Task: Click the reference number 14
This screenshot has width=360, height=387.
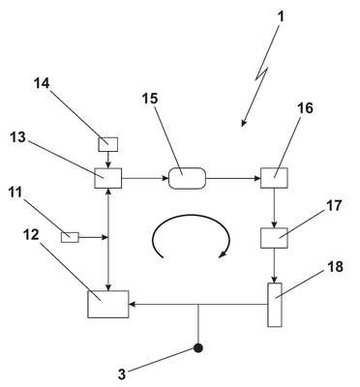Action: click(x=42, y=83)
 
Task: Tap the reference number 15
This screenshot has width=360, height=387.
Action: click(x=150, y=99)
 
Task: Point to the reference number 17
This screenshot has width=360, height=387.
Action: click(x=334, y=205)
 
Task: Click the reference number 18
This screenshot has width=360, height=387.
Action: click(x=336, y=267)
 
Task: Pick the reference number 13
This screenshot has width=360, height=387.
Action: click(x=17, y=137)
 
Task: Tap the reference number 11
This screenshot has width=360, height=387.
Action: click(x=15, y=193)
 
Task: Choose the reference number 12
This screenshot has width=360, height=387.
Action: click(x=31, y=235)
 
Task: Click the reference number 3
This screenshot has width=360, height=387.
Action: click(x=121, y=374)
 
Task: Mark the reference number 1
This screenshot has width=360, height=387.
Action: click(x=282, y=16)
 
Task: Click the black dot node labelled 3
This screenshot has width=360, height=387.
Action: click(x=198, y=348)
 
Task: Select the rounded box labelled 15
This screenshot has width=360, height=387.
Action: click(x=187, y=178)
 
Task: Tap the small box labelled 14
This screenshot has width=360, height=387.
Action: click(x=108, y=144)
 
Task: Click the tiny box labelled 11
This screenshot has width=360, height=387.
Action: click(x=70, y=237)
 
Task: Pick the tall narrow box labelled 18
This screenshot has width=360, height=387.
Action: click(x=275, y=305)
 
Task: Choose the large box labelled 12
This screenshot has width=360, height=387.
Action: click(x=108, y=304)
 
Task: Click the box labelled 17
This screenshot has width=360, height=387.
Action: click(x=274, y=238)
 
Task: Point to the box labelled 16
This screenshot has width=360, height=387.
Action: click(x=274, y=178)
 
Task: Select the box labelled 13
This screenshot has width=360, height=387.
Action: click(x=108, y=178)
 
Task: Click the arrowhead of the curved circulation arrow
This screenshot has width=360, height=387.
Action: click(x=223, y=253)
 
